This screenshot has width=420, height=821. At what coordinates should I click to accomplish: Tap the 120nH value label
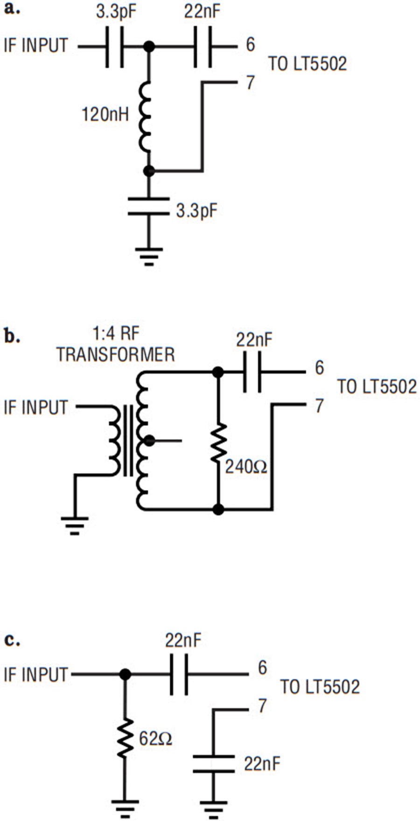[x=105, y=114]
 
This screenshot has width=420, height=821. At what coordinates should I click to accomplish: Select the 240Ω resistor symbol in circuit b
[x=217, y=442]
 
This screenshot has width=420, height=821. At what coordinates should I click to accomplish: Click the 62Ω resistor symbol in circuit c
[x=125, y=739]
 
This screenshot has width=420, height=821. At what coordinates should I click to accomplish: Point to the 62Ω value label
[x=156, y=738]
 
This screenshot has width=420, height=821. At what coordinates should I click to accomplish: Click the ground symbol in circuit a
[x=149, y=255]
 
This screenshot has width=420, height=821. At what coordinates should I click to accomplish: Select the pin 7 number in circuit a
[x=251, y=83]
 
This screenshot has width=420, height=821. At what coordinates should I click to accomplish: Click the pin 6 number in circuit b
[x=319, y=368]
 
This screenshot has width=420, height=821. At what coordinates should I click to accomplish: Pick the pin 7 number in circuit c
[x=262, y=706]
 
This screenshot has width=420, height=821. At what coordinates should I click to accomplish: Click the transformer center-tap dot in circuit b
[x=148, y=440]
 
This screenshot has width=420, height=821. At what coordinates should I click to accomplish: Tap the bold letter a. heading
[x=12, y=9]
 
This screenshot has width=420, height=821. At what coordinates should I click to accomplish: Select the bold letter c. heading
[x=12, y=640]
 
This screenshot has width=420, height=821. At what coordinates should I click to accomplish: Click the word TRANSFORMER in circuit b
[x=115, y=355]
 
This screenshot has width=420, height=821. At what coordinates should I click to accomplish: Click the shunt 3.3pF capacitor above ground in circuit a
[x=149, y=207]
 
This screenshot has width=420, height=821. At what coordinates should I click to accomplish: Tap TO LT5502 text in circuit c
[x=320, y=687]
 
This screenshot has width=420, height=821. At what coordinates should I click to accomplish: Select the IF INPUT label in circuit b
[x=36, y=407]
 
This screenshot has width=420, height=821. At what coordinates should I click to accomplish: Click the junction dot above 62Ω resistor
[x=125, y=674]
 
